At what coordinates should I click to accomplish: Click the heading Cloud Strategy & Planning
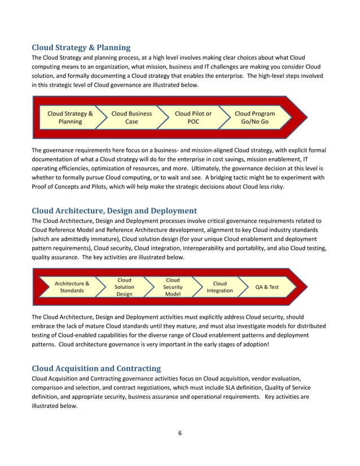[x=81, y=47]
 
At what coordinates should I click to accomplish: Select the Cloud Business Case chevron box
[x=131, y=117]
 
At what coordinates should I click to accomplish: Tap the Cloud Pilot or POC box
[x=193, y=117]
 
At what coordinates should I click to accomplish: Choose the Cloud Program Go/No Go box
[x=254, y=117]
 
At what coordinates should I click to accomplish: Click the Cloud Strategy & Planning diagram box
[x=70, y=117]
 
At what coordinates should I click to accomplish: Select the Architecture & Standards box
[x=72, y=287]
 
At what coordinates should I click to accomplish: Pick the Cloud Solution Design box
[x=124, y=287]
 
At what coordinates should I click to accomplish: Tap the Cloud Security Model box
[x=172, y=287]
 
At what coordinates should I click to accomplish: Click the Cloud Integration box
[x=219, y=287]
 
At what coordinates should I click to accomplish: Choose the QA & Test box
[x=267, y=287]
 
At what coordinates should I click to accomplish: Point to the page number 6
[x=179, y=433]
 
